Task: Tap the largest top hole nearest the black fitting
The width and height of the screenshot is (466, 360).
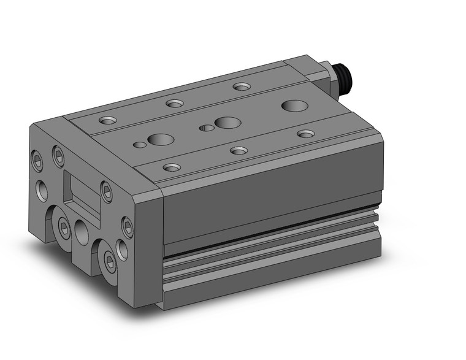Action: pos(294,105)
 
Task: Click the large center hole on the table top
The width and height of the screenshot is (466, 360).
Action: pos(227,122)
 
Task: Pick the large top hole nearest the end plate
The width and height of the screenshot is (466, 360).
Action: pos(161,139)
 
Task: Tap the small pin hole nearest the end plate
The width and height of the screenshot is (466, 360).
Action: pos(140,145)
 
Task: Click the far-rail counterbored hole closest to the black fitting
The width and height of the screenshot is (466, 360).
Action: pos(242,86)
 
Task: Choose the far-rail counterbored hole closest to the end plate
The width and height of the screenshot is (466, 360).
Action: pos(109,120)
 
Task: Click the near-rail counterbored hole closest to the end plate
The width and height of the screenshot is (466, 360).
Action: pos(172,166)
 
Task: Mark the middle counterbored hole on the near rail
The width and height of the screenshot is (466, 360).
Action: pos(239,150)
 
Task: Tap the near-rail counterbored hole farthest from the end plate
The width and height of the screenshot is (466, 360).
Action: pos(305,133)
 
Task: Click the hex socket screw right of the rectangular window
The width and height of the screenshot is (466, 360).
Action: pos(107,193)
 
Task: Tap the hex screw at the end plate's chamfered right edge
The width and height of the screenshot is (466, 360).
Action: pos(128,228)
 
